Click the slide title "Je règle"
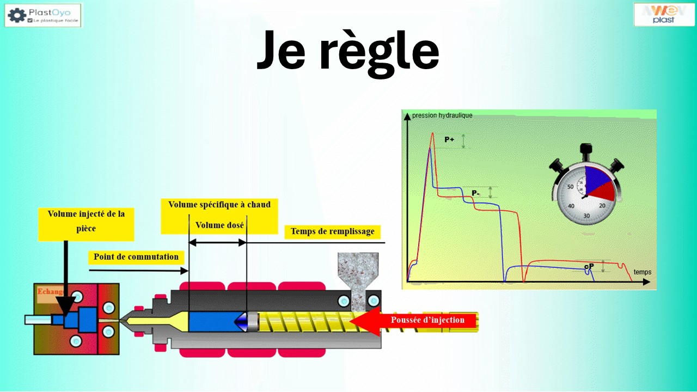[347, 50]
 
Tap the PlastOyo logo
[43, 15]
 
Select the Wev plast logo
[663, 14]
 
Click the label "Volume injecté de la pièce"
[86, 221]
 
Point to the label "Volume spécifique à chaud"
[219, 205]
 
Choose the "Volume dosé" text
[219, 225]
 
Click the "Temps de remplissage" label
[332, 231]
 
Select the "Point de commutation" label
[136, 257]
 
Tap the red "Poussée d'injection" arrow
[414, 320]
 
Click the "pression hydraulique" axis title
[442, 115]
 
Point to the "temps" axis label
[642, 272]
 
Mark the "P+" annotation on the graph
[449, 140]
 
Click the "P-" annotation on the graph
[475, 193]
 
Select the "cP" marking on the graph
[589, 267]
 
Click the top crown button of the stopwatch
[586, 149]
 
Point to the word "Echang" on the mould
[50, 292]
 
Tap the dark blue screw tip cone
[241, 322]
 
